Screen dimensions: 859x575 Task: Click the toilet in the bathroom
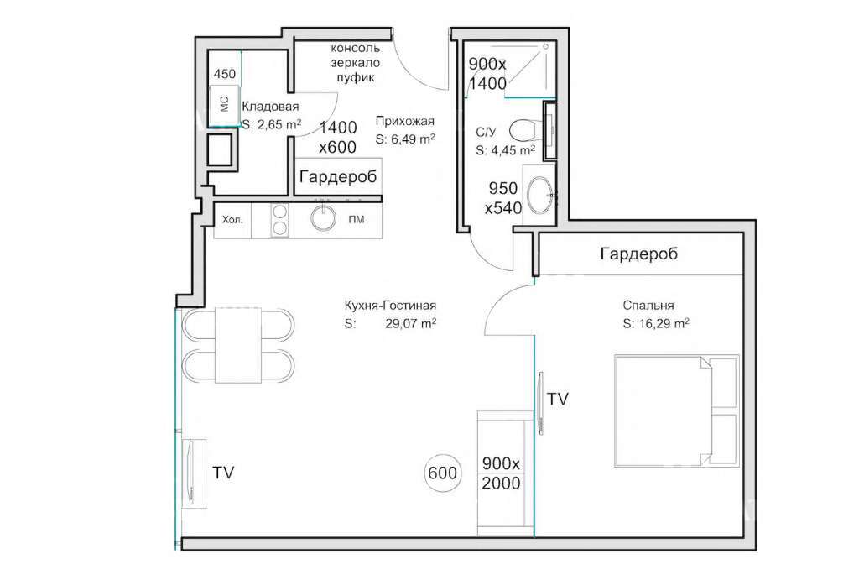(x=523, y=130)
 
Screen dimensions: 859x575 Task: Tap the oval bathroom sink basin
(x=541, y=195)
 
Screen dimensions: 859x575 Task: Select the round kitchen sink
(x=323, y=217)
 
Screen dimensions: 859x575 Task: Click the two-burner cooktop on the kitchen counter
(x=280, y=220)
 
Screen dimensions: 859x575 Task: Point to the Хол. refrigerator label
(x=232, y=221)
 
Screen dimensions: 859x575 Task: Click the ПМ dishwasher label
(x=356, y=220)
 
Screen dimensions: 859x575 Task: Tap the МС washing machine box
(x=225, y=104)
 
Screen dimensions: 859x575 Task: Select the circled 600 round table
(x=442, y=473)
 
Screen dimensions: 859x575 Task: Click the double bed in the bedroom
(x=677, y=411)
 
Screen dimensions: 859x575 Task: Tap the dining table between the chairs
(x=237, y=345)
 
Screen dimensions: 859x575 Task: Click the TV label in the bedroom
(x=558, y=399)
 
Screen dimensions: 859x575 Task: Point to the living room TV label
(x=223, y=473)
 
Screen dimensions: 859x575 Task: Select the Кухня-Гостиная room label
(x=390, y=306)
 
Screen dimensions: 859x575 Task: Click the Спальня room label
(x=648, y=306)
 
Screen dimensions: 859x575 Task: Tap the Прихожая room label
(x=405, y=121)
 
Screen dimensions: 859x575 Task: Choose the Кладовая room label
(x=270, y=107)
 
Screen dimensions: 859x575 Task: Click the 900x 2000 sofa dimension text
(x=502, y=473)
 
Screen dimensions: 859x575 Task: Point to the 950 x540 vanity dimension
(x=503, y=198)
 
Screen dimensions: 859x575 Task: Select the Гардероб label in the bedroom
(x=638, y=254)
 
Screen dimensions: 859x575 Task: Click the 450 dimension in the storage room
(x=225, y=74)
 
